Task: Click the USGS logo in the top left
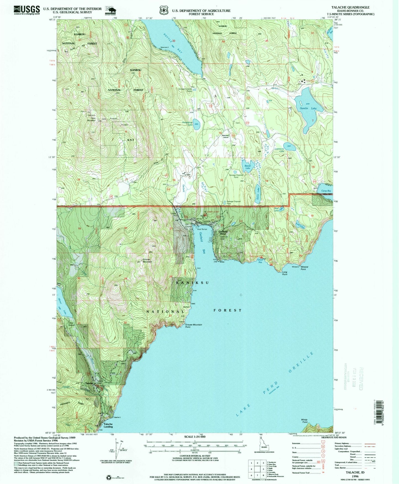point(27,10)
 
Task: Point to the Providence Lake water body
point(196,122)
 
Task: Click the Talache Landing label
point(108,425)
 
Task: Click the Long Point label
point(285,273)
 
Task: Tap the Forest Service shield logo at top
point(164,10)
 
